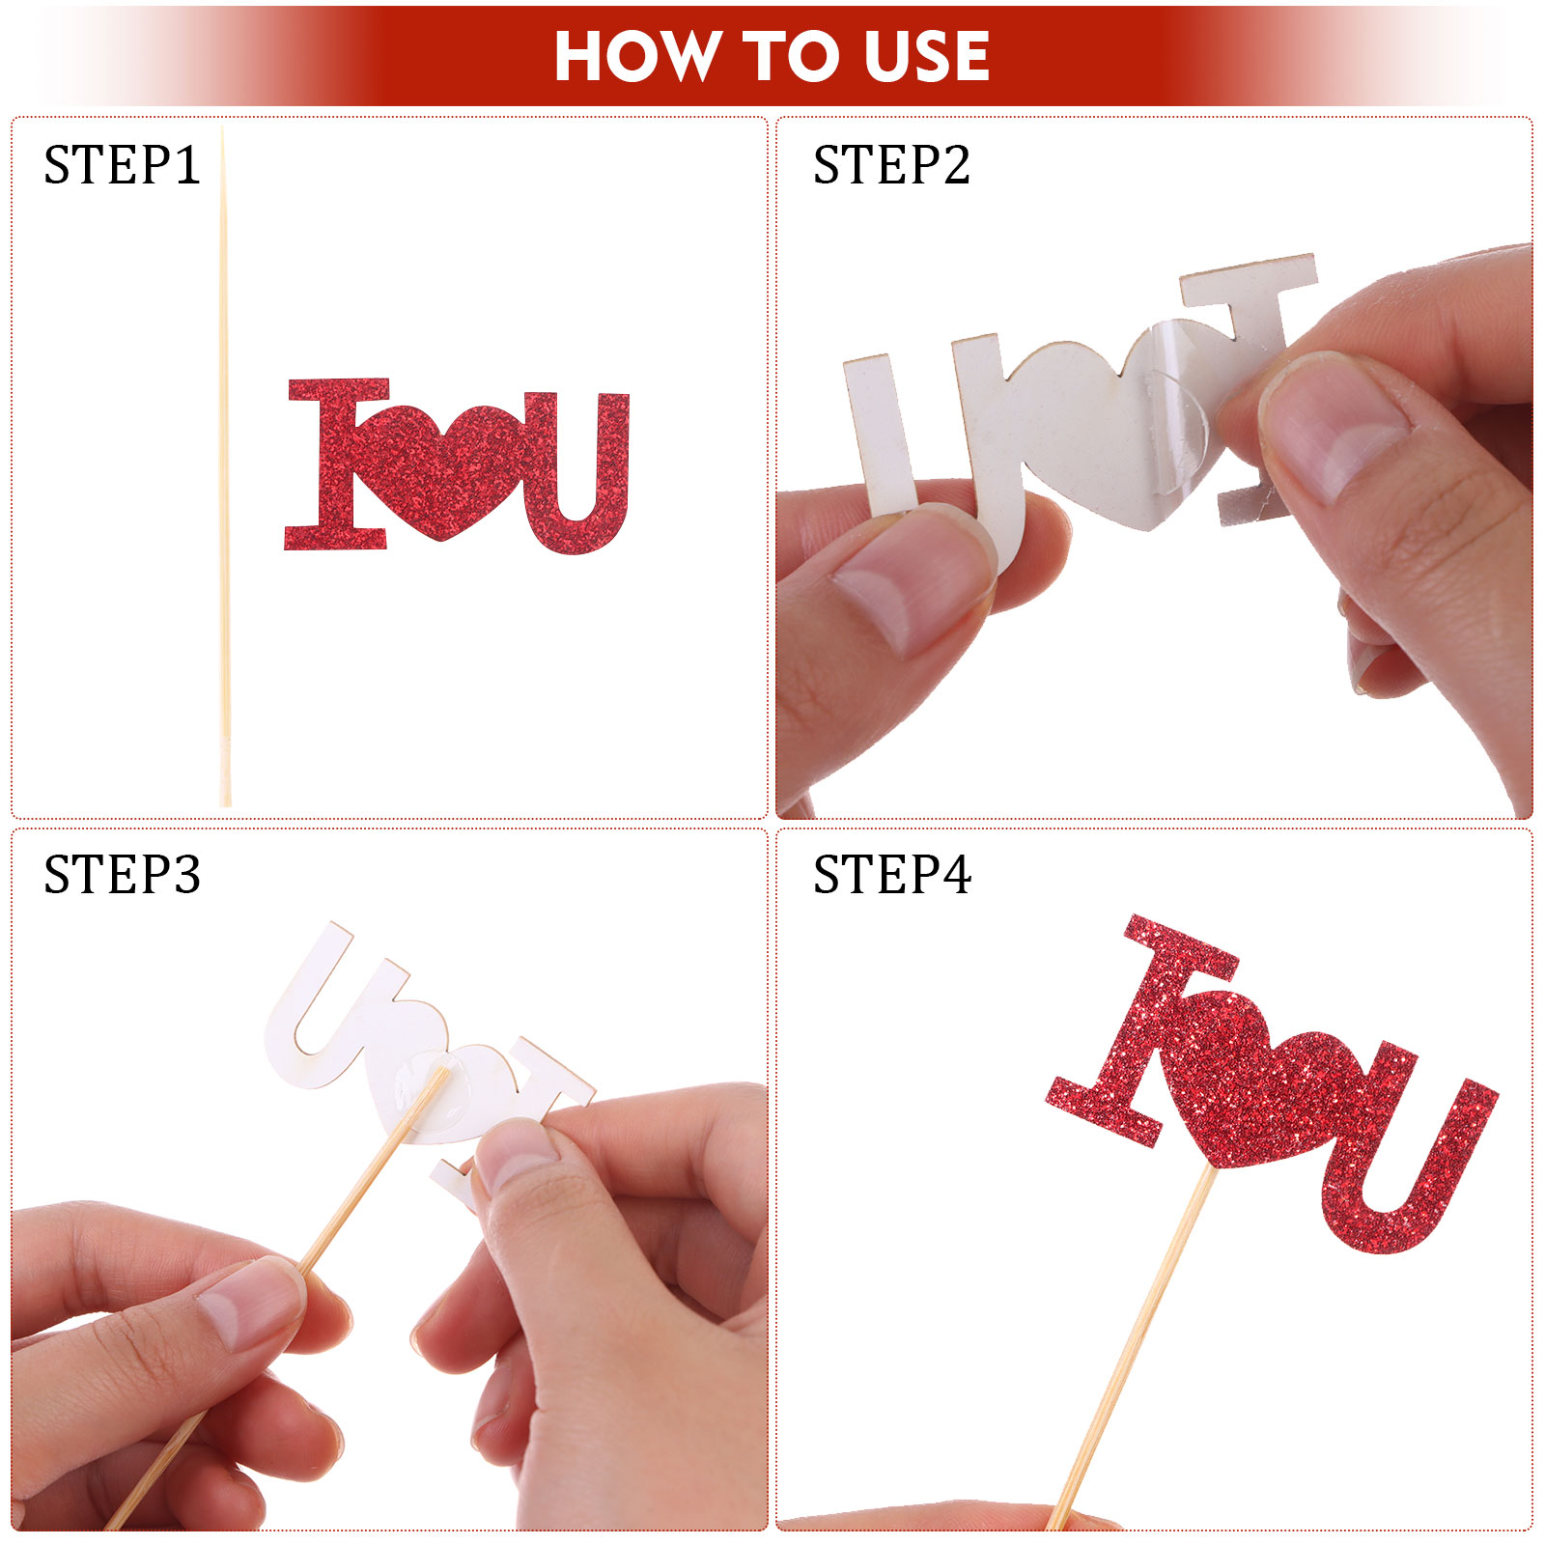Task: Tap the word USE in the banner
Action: [927, 55]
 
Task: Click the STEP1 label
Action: [122, 165]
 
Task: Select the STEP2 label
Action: [891, 165]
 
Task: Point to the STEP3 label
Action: [122, 875]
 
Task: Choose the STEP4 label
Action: [891, 875]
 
